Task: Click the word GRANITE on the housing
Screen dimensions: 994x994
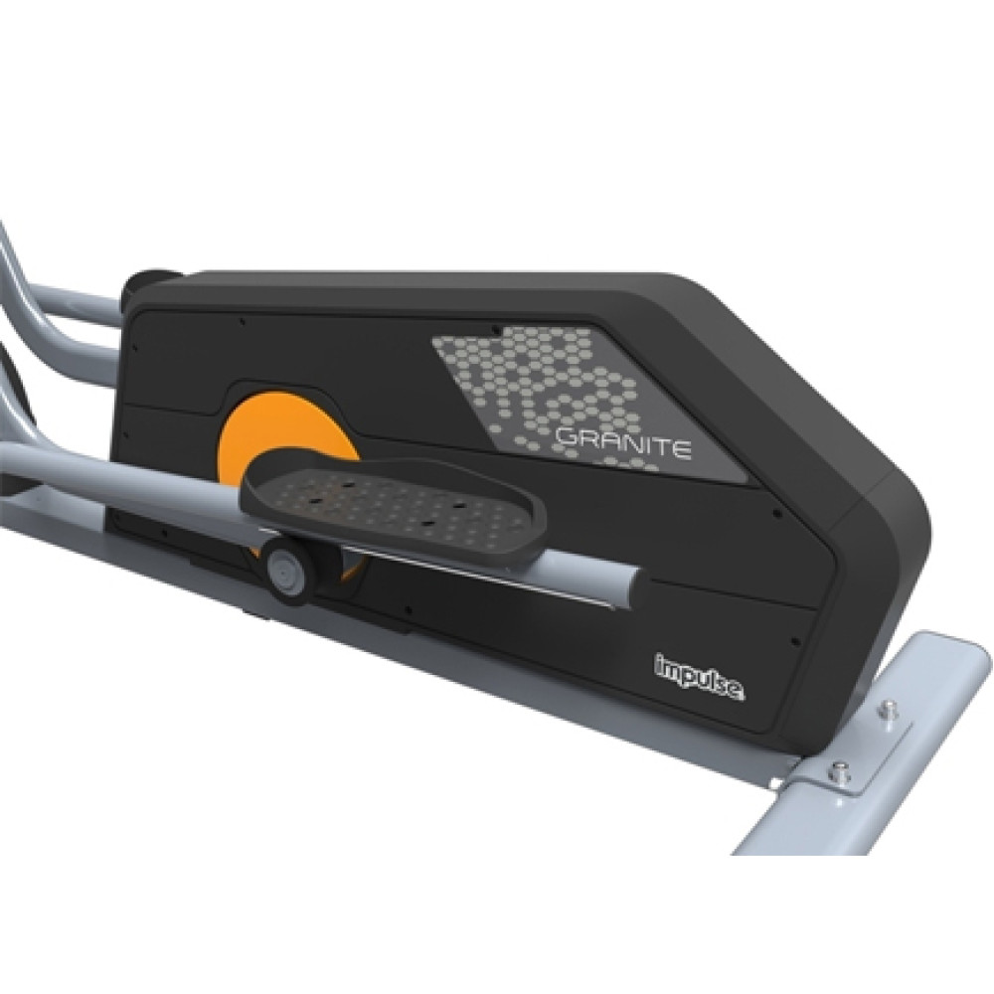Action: point(622,443)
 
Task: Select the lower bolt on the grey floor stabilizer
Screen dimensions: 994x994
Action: point(841,771)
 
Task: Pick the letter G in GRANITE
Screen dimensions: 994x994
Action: point(565,437)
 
